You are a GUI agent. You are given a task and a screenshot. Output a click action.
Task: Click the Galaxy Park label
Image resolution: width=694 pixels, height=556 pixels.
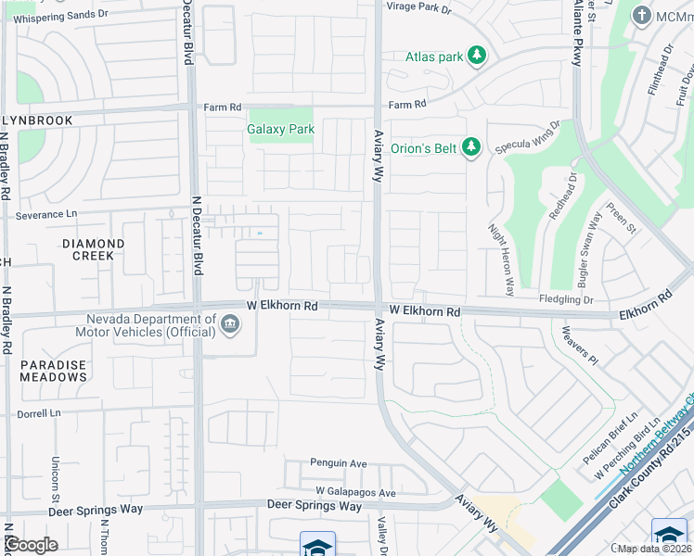point(281,130)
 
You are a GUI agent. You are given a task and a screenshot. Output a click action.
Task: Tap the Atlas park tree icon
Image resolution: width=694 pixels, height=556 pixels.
point(477,57)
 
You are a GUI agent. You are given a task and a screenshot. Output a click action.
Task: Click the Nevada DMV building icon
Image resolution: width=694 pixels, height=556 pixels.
point(229,323)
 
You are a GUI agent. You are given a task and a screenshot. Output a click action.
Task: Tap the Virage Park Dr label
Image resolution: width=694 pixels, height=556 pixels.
point(418,9)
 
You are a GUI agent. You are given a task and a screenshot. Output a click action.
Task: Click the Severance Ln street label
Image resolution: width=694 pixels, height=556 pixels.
point(46,215)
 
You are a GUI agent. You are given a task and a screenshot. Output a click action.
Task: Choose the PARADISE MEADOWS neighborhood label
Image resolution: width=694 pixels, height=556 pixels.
point(53,372)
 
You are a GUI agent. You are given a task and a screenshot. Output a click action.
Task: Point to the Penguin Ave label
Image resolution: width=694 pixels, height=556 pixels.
point(339,463)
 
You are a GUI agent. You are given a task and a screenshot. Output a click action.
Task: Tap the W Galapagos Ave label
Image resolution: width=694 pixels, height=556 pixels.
point(355,492)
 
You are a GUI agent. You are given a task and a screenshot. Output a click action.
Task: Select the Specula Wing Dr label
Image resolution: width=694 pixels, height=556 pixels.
point(529,137)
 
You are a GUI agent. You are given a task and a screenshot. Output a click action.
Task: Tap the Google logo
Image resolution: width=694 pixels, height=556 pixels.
point(31,545)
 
